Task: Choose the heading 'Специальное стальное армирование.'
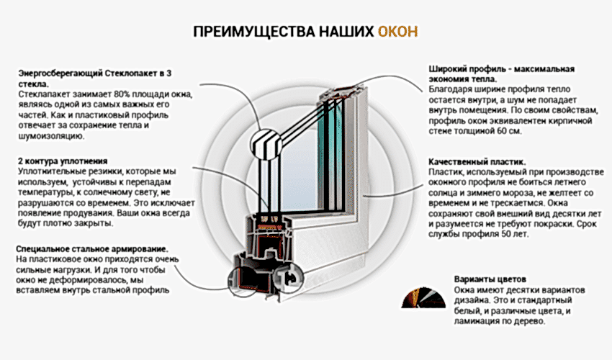click(92, 249)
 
